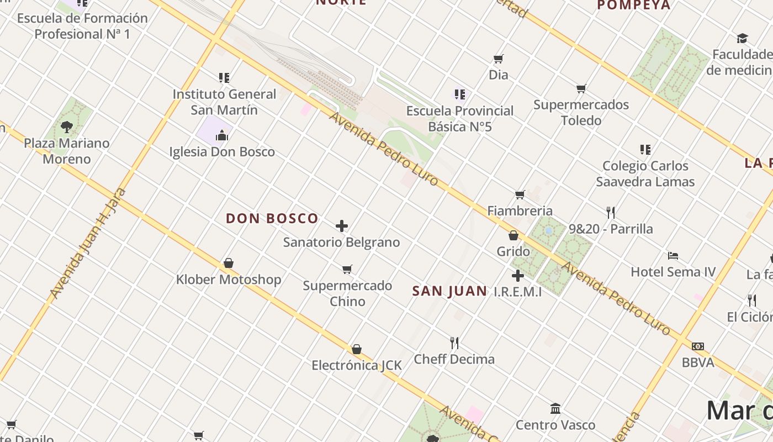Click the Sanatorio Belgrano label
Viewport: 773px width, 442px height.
coord(341,242)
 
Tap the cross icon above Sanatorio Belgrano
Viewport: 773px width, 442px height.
coord(342,225)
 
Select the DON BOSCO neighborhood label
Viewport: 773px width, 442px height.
coord(272,218)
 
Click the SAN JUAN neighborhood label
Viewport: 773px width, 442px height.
coord(449,291)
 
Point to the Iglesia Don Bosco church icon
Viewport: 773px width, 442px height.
coord(222,135)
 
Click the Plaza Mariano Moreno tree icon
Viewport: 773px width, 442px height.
coord(67,127)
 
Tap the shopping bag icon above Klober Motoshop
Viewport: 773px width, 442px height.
coord(229,263)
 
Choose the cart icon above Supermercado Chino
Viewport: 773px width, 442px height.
coord(347,269)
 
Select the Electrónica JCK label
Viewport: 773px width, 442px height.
coord(357,365)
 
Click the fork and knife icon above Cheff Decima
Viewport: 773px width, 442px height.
coord(454,343)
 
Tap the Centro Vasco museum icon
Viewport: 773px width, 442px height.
coord(555,408)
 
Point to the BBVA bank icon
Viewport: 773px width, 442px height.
coord(698,346)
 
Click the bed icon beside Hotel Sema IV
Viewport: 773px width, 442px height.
coord(673,255)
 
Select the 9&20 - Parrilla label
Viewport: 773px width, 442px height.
coord(611,229)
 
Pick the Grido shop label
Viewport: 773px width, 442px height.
coord(513,251)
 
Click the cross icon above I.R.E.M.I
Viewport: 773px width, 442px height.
coord(517,276)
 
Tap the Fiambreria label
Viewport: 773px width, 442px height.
coord(520,211)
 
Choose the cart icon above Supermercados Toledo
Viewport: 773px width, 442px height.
coord(581,88)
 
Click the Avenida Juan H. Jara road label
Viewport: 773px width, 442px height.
coord(88,243)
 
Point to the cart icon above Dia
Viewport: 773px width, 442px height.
coord(498,59)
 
